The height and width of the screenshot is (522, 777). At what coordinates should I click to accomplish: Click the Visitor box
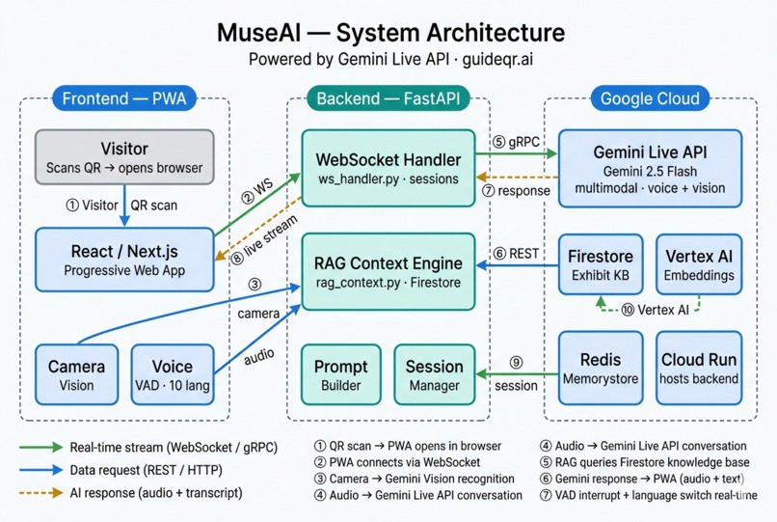pyautogui.click(x=124, y=158)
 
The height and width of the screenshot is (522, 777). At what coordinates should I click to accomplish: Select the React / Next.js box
pyautogui.click(x=124, y=260)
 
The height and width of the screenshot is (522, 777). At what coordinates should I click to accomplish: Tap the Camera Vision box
pyautogui.click(x=76, y=374)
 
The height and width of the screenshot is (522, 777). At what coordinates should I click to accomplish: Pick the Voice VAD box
pyautogui.click(x=173, y=374)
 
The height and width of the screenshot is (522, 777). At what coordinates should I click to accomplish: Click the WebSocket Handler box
pyautogui.click(x=388, y=168)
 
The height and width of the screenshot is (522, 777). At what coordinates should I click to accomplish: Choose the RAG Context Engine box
pyautogui.click(x=388, y=271)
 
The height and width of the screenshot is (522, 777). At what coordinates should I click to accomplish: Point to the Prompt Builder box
pyautogui.click(x=341, y=374)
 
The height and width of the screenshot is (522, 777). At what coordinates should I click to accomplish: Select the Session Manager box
pyautogui.click(x=435, y=374)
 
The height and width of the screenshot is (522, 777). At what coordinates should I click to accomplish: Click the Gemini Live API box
pyautogui.click(x=651, y=168)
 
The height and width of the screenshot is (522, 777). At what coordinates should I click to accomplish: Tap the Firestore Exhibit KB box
pyautogui.click(x=601, y=264)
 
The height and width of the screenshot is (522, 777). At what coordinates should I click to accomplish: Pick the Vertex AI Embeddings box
pyautogui.click(x=699, y=264)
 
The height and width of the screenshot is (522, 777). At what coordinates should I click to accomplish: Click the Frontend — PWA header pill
pyautogui.click(x=123, y=98)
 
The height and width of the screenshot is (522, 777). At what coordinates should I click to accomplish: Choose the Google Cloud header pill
pyautogui.click(x=650, y=98)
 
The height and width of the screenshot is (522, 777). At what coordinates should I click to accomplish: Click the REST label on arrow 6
pyautogui.click(x=516, y=254)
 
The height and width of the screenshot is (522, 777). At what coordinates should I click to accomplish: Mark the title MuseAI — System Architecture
pyautogui.click(x=388, y=32)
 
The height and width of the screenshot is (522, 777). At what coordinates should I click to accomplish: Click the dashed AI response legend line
pyautogui.click(x=39, y=493)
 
